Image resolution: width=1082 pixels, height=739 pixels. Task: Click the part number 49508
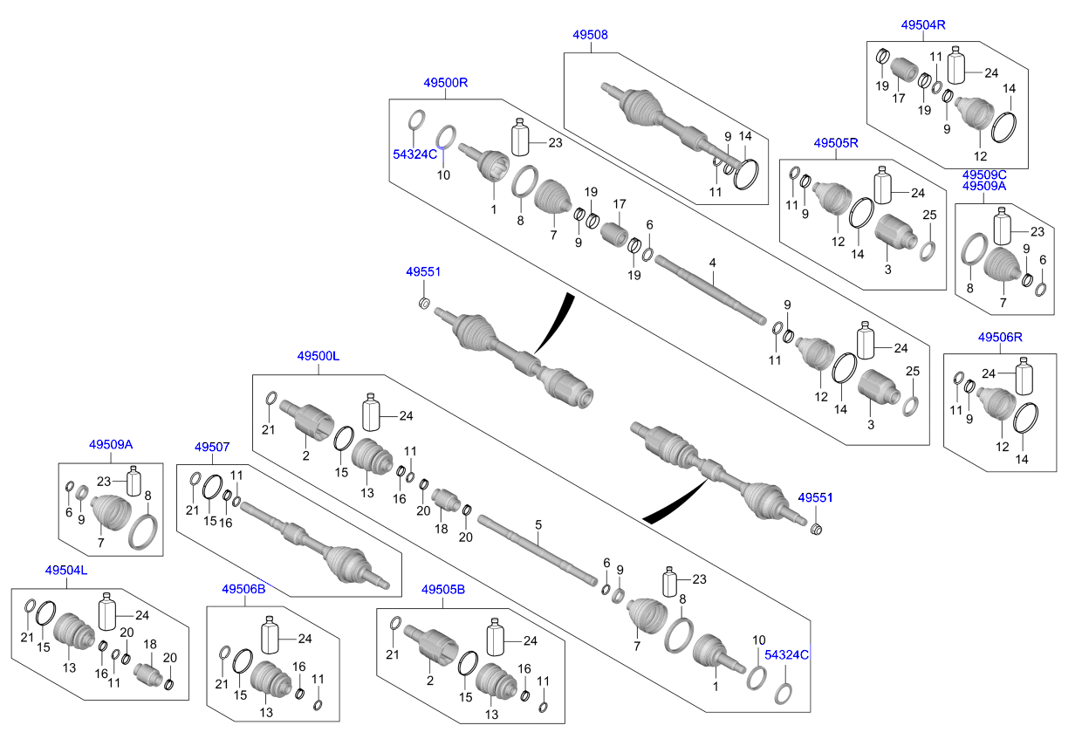590,35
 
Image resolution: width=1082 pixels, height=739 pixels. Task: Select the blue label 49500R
446,83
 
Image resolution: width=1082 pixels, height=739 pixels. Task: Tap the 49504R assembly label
923,25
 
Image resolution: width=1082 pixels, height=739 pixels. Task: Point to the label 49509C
984,174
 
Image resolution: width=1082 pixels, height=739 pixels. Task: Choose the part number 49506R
1000,337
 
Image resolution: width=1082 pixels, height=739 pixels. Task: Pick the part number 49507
212,447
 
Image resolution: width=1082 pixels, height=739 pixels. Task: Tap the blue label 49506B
243,589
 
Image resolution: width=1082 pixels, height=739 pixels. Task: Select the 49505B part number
443,589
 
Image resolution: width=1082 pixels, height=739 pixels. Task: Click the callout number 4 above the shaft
712,263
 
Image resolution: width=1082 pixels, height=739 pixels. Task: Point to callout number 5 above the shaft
538,524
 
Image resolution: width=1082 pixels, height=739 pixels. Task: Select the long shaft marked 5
537,549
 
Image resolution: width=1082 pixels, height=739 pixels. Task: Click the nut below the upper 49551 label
423,303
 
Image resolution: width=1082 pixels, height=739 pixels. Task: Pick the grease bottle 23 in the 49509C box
1001,225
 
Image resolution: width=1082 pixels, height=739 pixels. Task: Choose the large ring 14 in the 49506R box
1025,418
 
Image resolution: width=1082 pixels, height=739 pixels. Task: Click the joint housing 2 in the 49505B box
433,647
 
